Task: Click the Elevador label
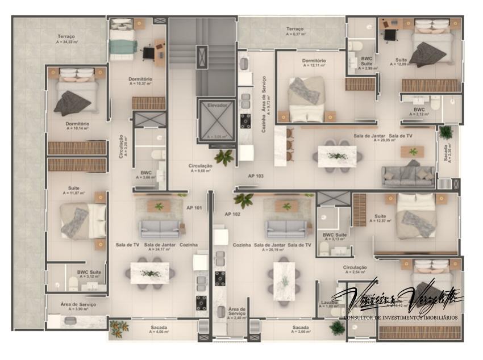[218, 105]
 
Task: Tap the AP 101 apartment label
[194, 208]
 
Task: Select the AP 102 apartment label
[232, 214]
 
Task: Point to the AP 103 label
[256, 176]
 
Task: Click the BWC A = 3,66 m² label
[146, 174]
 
